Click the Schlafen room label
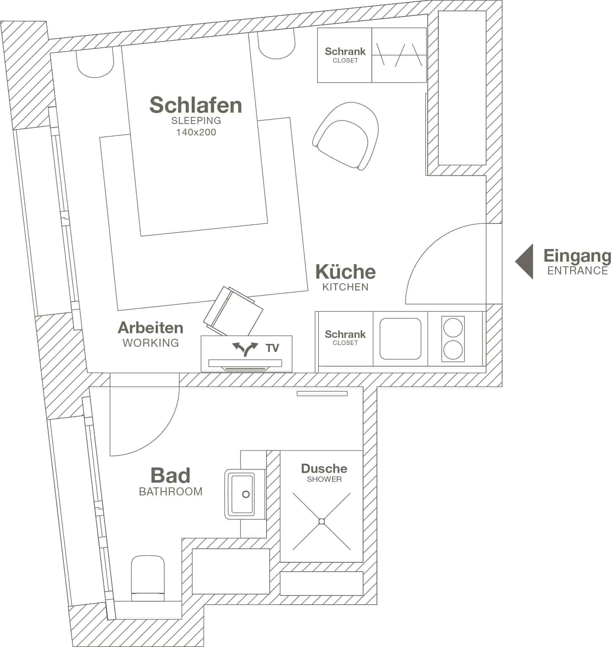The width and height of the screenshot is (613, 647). pyautogui.click(x=195, y=105)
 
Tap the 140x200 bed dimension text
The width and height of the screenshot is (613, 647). pyautogui.click(x=196, y=132)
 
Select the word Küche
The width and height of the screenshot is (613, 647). pyautogui.click(x=345, y=271)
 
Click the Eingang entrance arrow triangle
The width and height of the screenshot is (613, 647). pyautogui.click(x=525, y=261)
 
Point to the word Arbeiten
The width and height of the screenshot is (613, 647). pyautogui.click(x=150, y=327)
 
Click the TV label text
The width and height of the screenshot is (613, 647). pyautogui.click(x=272, y=348)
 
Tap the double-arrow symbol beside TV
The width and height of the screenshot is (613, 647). pyautogui.click(x=245, y=348)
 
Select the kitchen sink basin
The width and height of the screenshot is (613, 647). pyautogui.click(x=400, y=339)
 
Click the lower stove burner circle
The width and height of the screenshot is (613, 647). pyautogui.click(x=453, y=350)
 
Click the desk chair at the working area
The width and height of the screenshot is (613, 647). pyautogui.click(x=233, y=311)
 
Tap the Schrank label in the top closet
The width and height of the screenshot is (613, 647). pyautogui.click(x=345, y=51)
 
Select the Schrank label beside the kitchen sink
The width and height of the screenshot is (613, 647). pyautogui.click(x=345, y=334)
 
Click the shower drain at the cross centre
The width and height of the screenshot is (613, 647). pyautogui.click(x=322, y=521)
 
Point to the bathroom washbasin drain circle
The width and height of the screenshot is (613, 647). pyautogui.click(x=245, y=494)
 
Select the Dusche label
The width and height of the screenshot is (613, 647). pyautogui.click(x=324, y=468)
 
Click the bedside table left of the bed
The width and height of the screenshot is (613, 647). pyautogui.click(x=96, y=63)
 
